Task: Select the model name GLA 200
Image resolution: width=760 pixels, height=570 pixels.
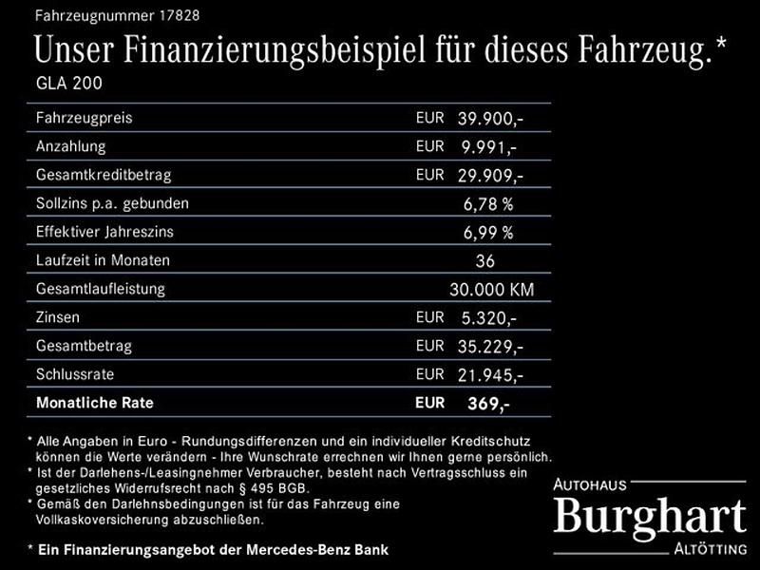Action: [68, 83]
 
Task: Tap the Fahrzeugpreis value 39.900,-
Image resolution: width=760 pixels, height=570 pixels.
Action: [490, 119]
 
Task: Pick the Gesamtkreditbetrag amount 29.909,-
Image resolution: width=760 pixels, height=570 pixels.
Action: [490, 176]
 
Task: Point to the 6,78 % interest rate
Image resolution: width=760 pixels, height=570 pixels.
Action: [488, 203]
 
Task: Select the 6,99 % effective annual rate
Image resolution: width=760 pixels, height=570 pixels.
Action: [488, 232]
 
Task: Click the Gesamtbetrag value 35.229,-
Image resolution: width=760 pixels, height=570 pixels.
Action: [490, 346]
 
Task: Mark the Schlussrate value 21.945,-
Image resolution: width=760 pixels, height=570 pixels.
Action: [490, 374]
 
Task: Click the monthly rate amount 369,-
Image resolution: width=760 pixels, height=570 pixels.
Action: [488, 403]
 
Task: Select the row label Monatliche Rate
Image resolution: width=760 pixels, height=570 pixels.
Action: [94, 403]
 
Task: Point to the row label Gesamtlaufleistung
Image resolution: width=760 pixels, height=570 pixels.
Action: [100, 289]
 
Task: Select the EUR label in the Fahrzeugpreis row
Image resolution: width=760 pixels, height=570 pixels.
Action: [429, 119]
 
